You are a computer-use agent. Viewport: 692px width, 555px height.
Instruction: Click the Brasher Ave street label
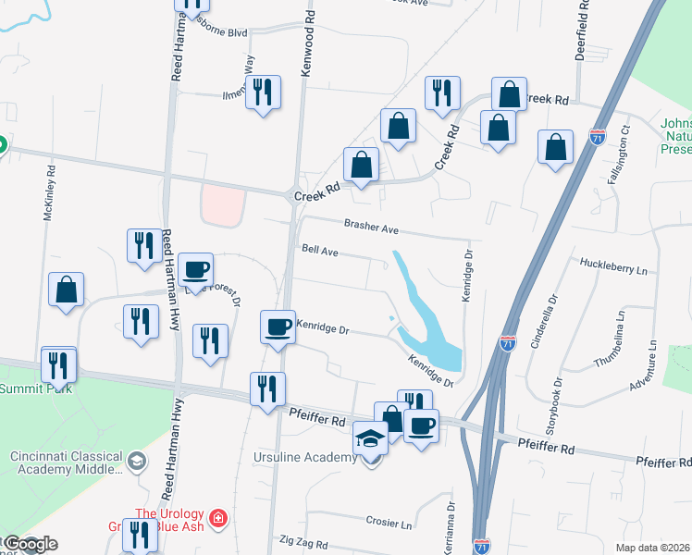[x=370, y=226]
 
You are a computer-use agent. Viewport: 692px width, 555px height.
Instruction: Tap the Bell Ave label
[x=319, y=249]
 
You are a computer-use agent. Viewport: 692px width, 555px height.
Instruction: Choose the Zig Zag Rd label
[x=300, y=539]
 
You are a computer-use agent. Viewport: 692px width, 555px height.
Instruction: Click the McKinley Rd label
[x=51, y=193]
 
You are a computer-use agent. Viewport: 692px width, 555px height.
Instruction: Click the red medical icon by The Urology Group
[x=217, y=516]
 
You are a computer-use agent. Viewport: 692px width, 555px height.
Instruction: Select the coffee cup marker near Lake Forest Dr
[x=195, y=270]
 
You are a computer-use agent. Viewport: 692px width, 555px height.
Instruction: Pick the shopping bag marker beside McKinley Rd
[x=67, y=290]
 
